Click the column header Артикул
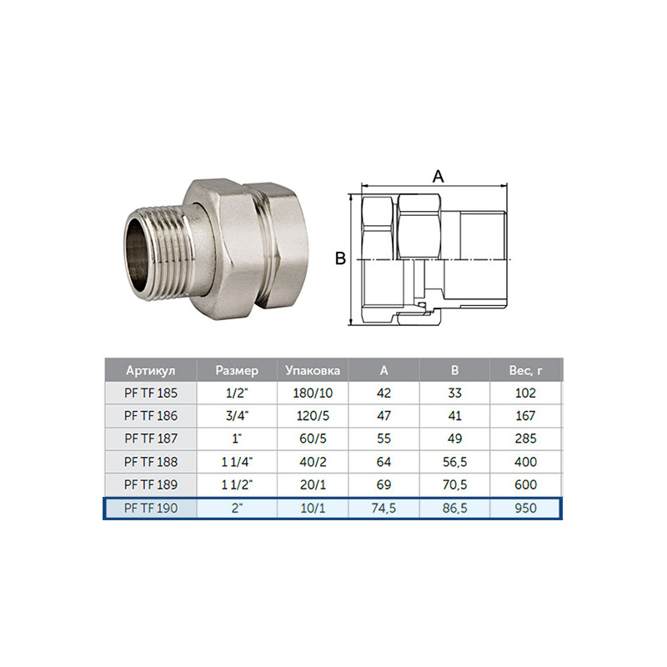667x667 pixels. click(x=151, y=370)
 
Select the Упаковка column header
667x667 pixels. click(x=313, y=370)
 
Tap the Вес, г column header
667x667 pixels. click(x=526, y=370)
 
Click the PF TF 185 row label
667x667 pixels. click(x=151, y=393)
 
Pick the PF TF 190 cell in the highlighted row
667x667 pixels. click(x=151, y=508)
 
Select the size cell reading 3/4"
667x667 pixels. click(x=237, y=415)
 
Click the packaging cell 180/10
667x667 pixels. click(x=313, y=393)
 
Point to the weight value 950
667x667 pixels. click(x=526, y=508)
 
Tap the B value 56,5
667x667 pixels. click(x=454, y=462)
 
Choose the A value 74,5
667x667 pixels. click(x=384, y=508)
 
